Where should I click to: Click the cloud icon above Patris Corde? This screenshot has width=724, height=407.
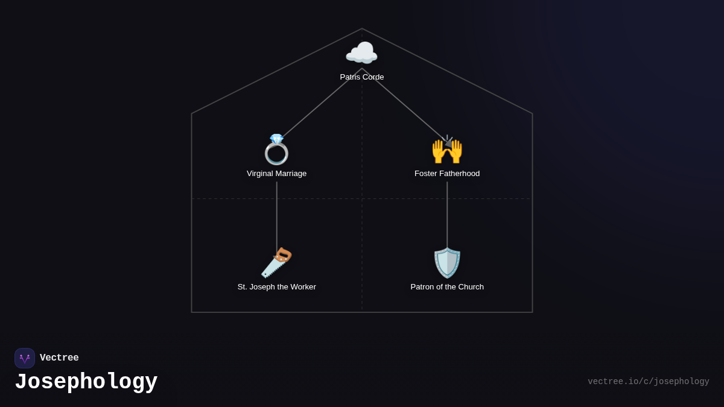tap(361, 52)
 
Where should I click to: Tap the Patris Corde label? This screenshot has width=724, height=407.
tap(361, 77)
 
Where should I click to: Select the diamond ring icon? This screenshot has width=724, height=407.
tap(276, 150)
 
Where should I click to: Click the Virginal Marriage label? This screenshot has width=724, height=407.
tap(276, 174)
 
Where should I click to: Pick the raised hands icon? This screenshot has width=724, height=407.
tap(447, 150)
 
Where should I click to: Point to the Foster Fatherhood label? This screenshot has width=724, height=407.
tap(447, 174)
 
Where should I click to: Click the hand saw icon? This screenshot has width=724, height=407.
tap(276, 263)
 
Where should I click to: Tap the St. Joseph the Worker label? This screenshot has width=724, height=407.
tap(277, 287)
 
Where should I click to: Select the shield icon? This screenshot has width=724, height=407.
tap(447, 263)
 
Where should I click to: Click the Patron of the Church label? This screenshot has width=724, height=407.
tap(447, 287)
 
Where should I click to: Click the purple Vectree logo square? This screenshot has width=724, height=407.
tap(25, 358)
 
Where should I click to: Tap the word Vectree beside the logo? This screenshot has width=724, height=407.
tap(59, 358)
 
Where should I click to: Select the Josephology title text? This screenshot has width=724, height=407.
tap(86, 382)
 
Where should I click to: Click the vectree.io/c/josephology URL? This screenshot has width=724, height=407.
tap(649, 382)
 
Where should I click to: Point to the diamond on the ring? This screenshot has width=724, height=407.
tap(277, 139)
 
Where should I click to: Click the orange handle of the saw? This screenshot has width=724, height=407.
tap(283, 255)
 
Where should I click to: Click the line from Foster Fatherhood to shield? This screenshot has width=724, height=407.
tap(447, 215)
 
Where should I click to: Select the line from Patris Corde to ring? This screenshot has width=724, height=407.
tap(322, 103)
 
